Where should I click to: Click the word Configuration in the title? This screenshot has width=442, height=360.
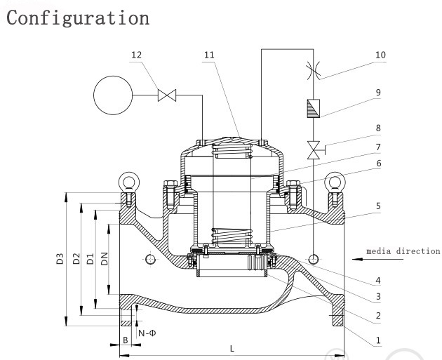76,18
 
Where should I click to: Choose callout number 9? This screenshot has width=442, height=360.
378,91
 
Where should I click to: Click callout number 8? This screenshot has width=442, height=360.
378,128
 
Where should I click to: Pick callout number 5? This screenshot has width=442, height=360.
378,206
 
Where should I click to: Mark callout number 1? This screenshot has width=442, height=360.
378,340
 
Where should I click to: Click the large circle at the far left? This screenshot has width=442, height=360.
116,96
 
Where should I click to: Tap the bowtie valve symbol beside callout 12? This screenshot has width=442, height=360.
167,95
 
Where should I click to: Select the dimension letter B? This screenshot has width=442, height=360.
125,339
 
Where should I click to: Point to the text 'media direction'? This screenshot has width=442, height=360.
403,251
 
